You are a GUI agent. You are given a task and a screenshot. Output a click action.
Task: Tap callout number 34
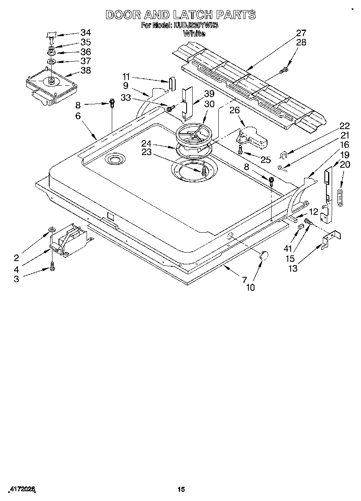coord(86,33)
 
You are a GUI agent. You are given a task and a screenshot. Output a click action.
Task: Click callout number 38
coord(86,70)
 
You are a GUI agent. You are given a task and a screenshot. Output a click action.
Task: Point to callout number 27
coord(301,33)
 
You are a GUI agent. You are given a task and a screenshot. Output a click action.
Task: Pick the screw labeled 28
coord(284,71)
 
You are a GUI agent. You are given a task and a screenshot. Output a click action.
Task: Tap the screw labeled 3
coord(52,266)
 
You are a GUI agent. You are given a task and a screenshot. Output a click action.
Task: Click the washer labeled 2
coord(52,231)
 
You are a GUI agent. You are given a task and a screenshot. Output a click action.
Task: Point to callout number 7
coord(244,279)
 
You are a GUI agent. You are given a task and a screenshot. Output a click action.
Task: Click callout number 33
coord(126,97)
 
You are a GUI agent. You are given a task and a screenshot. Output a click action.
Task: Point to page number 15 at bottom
coord(181,490)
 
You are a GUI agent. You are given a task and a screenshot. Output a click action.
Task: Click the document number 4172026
coord(20,490)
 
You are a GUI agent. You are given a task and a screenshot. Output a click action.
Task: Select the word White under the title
coord(194,34)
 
